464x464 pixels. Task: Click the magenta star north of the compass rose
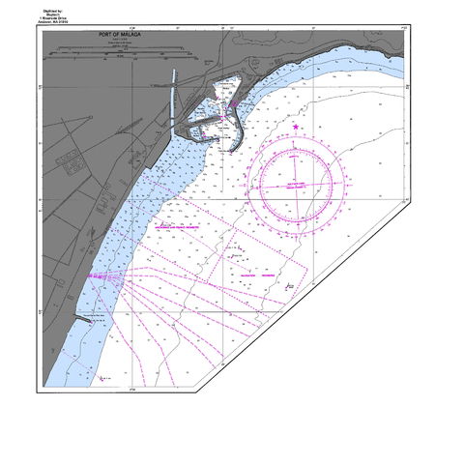pos(295,127)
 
